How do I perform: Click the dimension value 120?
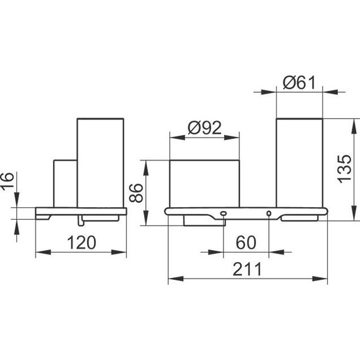click(x=81, y=243)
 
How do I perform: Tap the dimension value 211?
click(x=247, y=269)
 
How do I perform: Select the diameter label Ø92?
click(x=205, y=128)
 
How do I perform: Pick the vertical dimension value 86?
click(x=136, y=193)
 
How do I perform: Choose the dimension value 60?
click(x=246, y=243)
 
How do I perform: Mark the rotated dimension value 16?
click(x=8, y=181)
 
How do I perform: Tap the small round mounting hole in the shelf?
click(x=268, y=213)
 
